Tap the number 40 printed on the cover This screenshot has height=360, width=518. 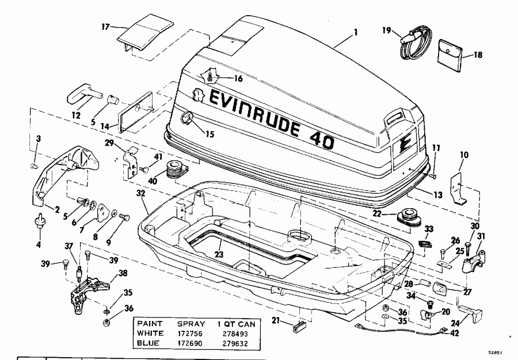320,138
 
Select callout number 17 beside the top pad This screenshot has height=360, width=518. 104,26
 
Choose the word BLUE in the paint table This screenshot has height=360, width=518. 149,343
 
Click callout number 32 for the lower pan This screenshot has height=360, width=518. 141,194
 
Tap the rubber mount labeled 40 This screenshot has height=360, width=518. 176,171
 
